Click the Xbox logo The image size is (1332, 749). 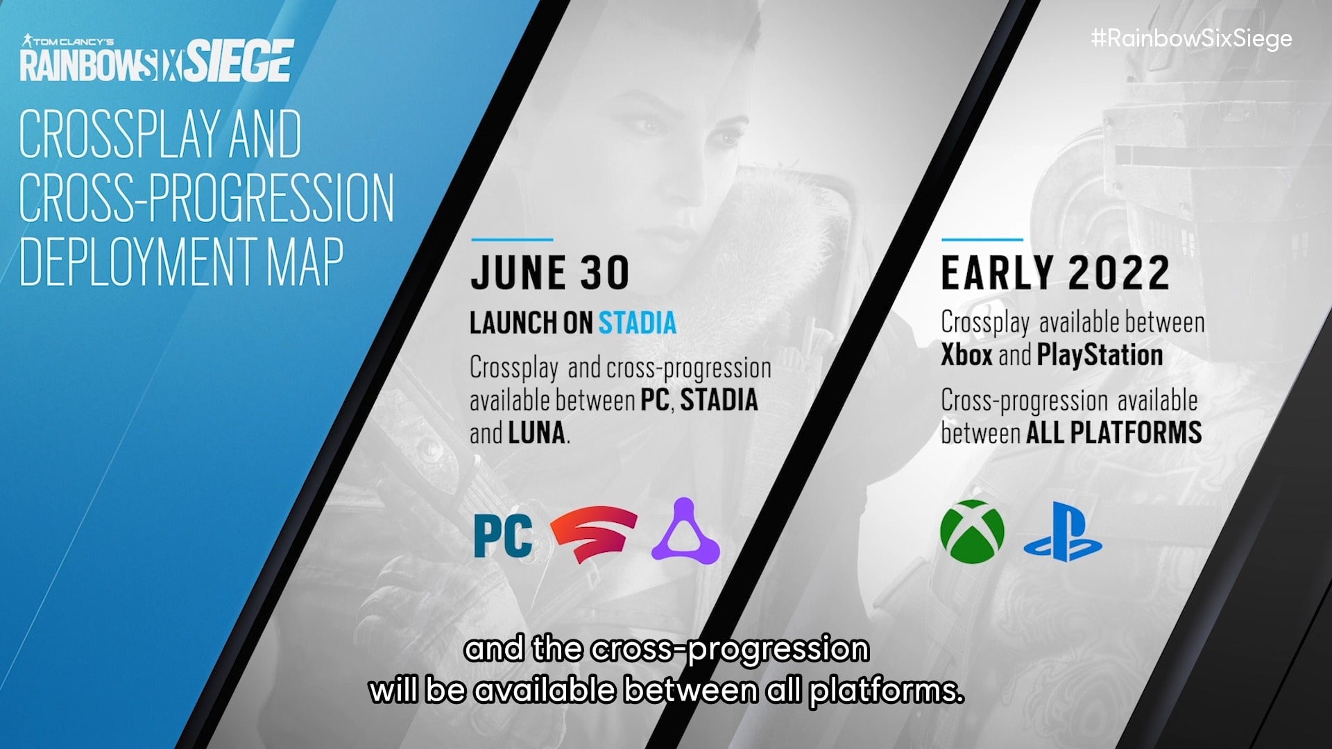[x=972, y=531]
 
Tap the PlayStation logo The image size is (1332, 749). [x=1062, y=532]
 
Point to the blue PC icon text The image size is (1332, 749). [x=504, y=535]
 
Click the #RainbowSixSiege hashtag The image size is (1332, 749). [x=1191, y=38]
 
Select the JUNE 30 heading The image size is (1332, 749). [x=549, y=273]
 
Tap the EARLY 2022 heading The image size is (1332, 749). [x=1055, y=273]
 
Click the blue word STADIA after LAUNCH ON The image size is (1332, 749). [x=637, y=323]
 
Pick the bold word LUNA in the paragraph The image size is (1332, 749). [x=536, y=433]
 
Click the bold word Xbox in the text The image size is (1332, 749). [x=966, y=355]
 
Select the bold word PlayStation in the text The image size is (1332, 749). [x=1100, y=356]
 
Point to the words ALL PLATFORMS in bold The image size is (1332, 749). [x=1113, y=433]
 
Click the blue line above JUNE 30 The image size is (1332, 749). [x=512, y=240]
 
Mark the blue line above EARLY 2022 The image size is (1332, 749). [x=982, y=240]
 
